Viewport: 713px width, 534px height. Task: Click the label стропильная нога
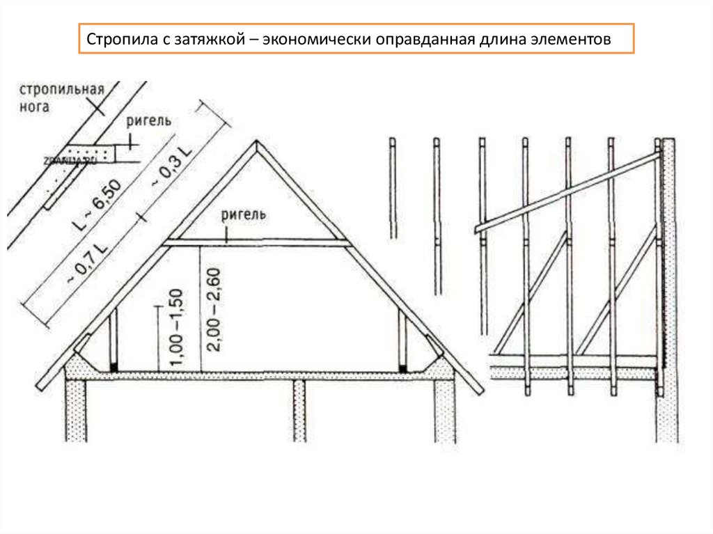(61, 97)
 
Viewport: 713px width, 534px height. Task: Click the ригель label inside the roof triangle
(243, 214)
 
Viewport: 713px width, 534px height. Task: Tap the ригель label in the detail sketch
(149, 121)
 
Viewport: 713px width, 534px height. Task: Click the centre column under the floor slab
(299, 411)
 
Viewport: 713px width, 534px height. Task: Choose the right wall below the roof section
(445, 411)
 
